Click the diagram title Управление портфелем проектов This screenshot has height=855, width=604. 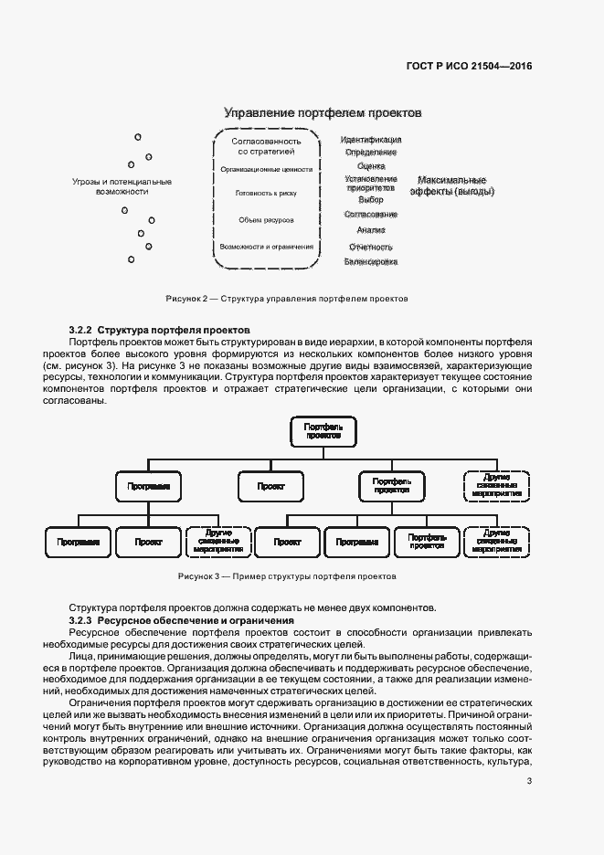point(323,113)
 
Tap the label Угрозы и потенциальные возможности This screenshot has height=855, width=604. point(122,186)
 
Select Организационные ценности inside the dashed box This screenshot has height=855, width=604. point(267,169)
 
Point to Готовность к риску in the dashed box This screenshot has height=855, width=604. point(266,194)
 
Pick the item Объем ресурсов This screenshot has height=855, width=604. point(266,220)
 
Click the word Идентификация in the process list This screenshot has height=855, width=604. point(370,140)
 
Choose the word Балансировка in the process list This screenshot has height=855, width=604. point(370,261)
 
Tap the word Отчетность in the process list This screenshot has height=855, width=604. point(370,247)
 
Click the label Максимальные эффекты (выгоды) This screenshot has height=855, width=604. point(451,185)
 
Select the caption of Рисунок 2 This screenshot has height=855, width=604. point(286,299)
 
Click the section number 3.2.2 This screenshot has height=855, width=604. point(81,328)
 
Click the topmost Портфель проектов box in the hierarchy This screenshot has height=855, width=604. point(324,432)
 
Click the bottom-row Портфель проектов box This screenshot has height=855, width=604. point(427,542)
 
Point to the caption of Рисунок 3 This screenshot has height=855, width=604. point(287,577)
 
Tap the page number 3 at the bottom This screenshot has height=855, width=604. point(529,780)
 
